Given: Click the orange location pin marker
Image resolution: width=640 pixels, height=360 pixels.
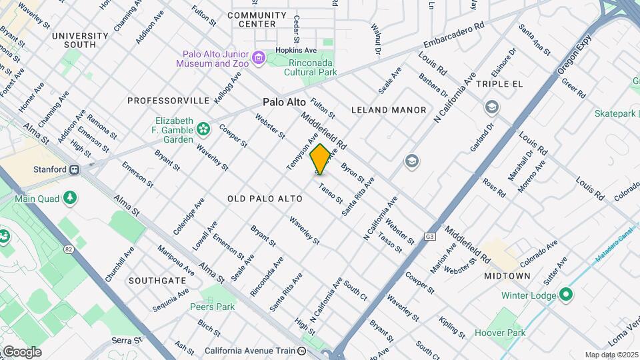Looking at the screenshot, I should tap(321, 159).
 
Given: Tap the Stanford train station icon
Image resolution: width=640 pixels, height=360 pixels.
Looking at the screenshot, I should tap(75, 169).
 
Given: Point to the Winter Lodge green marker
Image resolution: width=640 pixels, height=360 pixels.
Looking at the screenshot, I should tap(566, 293).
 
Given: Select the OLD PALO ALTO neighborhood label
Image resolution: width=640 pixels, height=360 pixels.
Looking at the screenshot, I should tap(265, 199).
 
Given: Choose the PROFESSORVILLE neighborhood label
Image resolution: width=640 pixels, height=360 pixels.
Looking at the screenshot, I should tap(169, 101).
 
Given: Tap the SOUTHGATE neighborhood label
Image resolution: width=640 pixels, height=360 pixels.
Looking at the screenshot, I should tap(157, 281).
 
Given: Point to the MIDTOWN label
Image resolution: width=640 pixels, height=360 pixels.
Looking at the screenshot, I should tap(507, 276).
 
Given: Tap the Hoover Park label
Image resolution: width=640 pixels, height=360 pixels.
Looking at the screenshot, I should tap(500, 333).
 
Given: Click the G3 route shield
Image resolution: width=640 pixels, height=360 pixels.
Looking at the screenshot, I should tap(430, 237).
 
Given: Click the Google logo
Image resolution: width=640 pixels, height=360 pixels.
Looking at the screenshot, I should tap(22, 351).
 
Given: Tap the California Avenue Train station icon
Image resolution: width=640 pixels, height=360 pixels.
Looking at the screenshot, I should tap(302, 351).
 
